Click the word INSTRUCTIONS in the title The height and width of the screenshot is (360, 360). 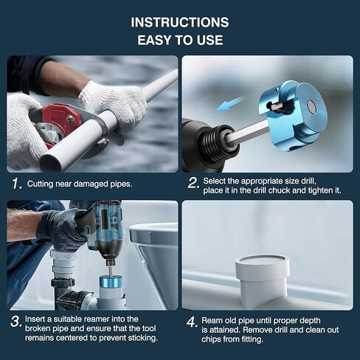(180, 22)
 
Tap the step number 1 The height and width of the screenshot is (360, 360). (17, 184)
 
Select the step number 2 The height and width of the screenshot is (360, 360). (193, 183)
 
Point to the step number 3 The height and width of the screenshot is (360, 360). (16, 322)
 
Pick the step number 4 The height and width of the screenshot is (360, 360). (192, 322)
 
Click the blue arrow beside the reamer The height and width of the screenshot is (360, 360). (230, 104)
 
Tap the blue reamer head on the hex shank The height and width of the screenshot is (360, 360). (293, 115)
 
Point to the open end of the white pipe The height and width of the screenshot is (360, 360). (51, 162)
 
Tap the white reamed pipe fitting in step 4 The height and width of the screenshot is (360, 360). (262, 280)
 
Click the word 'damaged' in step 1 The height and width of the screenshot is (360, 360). (91, 184)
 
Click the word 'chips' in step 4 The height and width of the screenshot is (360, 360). (211, 339)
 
